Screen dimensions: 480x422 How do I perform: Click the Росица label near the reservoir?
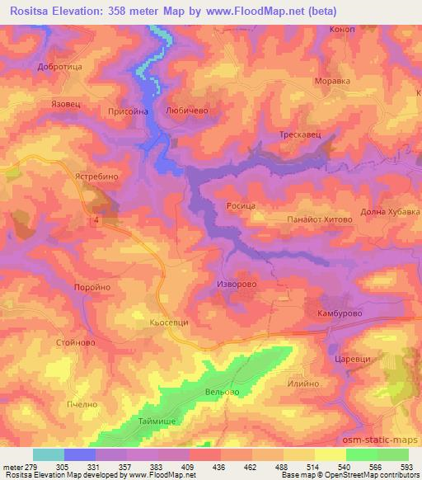click(241, 204)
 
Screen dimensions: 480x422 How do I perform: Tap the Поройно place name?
click(92, 286)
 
